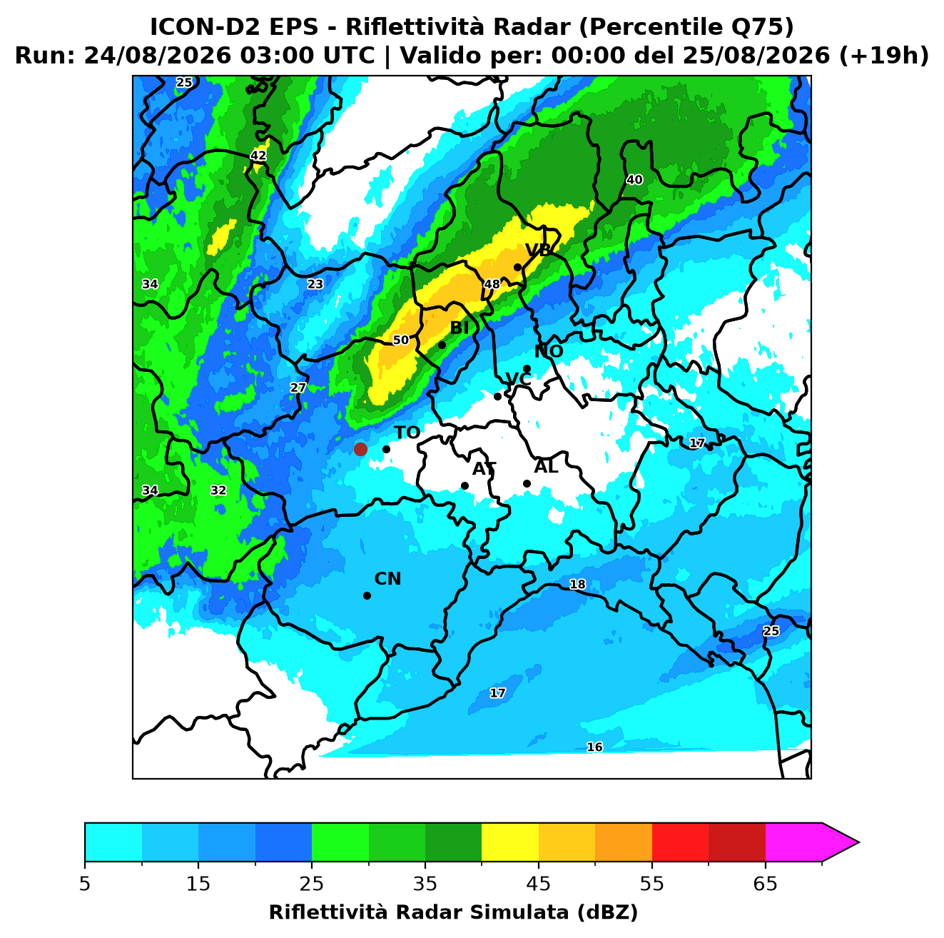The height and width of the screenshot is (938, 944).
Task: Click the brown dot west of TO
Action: (x=360, y=449)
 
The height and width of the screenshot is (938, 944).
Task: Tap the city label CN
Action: (x=387, y=579)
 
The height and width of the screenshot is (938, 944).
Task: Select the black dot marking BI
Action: (x=442, y=346)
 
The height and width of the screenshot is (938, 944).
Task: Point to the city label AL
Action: (x=546, y=467)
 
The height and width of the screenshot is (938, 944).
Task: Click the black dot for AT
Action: (x=465, y=486)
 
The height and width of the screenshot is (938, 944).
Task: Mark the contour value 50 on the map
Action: (x=401, y=340)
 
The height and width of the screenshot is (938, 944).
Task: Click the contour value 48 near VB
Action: (x=492, y=284)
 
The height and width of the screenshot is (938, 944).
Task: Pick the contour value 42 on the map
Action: (x=258, y=156)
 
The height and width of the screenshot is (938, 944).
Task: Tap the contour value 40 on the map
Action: (x=634, y=180)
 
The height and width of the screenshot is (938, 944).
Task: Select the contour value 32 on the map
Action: (x=218, y=490)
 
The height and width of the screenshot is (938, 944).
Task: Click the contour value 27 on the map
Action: (x=298, y=388)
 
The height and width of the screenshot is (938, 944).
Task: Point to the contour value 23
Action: (x=315, y=284)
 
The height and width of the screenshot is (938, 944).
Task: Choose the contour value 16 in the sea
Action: (x=594, y=747)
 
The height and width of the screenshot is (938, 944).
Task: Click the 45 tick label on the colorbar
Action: (x=539, y=884)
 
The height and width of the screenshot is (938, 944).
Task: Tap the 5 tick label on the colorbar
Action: (x=85, y=884)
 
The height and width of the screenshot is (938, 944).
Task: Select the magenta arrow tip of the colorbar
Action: (x=858, y=842)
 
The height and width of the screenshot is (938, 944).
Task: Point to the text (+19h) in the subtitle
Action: (x=883, y=56)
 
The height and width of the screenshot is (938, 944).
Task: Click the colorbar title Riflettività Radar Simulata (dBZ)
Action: (x=453, y=912)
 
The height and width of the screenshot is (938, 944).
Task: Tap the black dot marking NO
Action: (x=527, y=369)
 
